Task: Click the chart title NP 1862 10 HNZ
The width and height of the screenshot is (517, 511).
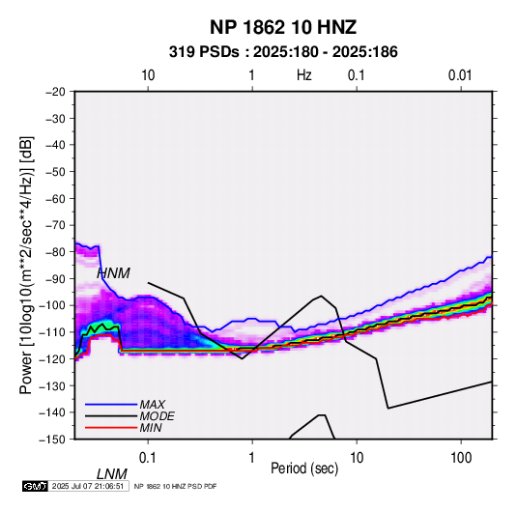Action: click(x=283, y=27)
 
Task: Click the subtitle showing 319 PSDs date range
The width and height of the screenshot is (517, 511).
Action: click(x=283, y=52)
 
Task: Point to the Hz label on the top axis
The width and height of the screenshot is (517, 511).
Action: click(x=304, y=75)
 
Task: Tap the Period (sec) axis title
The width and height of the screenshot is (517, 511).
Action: click(x=304, y=468)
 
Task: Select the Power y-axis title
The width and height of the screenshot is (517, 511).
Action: click(x=26, y=266)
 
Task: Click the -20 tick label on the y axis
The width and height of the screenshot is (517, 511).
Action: click(x=55, y=92)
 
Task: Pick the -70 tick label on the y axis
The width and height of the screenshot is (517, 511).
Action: click(x=55, y=225)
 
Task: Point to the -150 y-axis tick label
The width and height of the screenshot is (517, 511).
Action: click(x=52, y=440)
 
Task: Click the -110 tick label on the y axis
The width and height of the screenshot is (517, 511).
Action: click(x=52, y=332)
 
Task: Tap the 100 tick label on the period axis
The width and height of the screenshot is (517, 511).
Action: click(x=461, y=458)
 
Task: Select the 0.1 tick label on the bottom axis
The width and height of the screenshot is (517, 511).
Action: click(x=148, y=458)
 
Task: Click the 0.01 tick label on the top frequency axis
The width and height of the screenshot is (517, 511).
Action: click(x=460, y=75)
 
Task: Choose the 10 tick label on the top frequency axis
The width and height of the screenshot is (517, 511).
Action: click(x=148, y=75)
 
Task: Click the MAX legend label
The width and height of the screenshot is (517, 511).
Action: click(x=153, y=405)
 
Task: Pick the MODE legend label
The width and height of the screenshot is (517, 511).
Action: click(x=157, y=416)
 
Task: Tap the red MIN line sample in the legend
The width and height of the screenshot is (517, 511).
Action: click(x=111, y=428)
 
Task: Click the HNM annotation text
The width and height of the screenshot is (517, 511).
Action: click(x=113, y=273)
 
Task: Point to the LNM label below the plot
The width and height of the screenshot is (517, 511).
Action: click(x=112, y=474)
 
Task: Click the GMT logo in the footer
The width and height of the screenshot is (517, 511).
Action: click(x=36, y=486)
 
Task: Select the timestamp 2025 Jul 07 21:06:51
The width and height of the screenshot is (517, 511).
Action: click(x=88, y=486)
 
